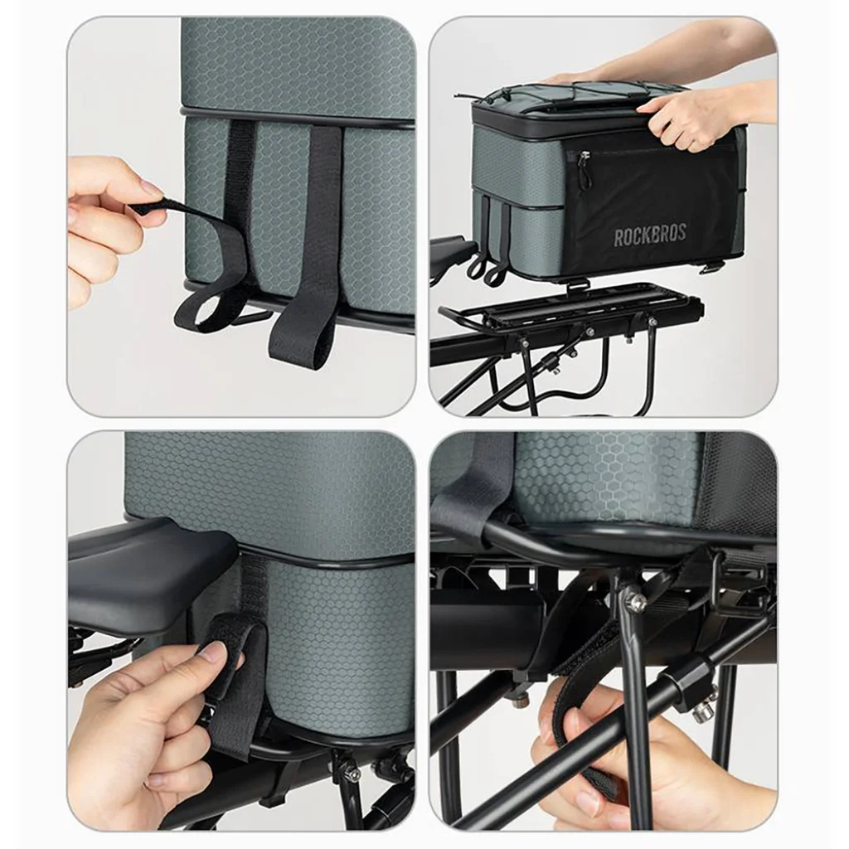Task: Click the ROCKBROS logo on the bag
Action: pos(650,235)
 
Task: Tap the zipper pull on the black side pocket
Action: pos(583,160)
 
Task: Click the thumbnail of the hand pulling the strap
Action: pos(149,191)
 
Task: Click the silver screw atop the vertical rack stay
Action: pos(634,602)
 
